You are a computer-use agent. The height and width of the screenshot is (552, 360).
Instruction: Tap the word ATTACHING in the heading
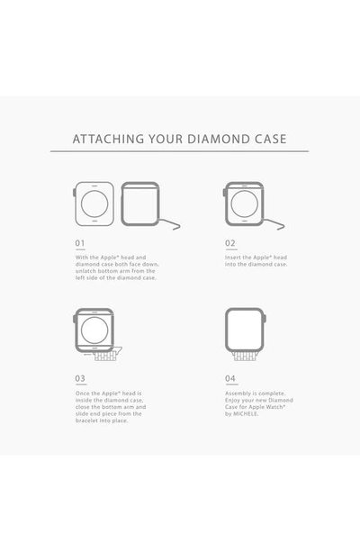(108, 139)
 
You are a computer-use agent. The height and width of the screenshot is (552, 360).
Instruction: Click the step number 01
(80, 243)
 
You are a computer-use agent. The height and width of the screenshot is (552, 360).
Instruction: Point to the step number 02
(230, 243)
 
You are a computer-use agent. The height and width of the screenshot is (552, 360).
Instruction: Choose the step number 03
(80, 378)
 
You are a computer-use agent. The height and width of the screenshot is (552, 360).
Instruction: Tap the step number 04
(230, 378)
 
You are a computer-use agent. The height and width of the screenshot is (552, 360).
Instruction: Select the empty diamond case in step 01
(121, 204)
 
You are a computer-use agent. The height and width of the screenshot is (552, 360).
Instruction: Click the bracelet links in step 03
(105, 357)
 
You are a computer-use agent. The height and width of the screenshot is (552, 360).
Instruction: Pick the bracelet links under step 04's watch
(245, 356)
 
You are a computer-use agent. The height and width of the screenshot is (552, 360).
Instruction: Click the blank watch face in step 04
(244, 330)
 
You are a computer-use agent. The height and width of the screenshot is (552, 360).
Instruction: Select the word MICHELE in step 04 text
(246, 413)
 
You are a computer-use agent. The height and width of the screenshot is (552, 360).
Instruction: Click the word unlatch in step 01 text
(85, 271)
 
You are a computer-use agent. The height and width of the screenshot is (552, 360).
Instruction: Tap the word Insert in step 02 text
(233, 258)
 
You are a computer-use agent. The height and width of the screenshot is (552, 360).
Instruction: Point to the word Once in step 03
(82, 394)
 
